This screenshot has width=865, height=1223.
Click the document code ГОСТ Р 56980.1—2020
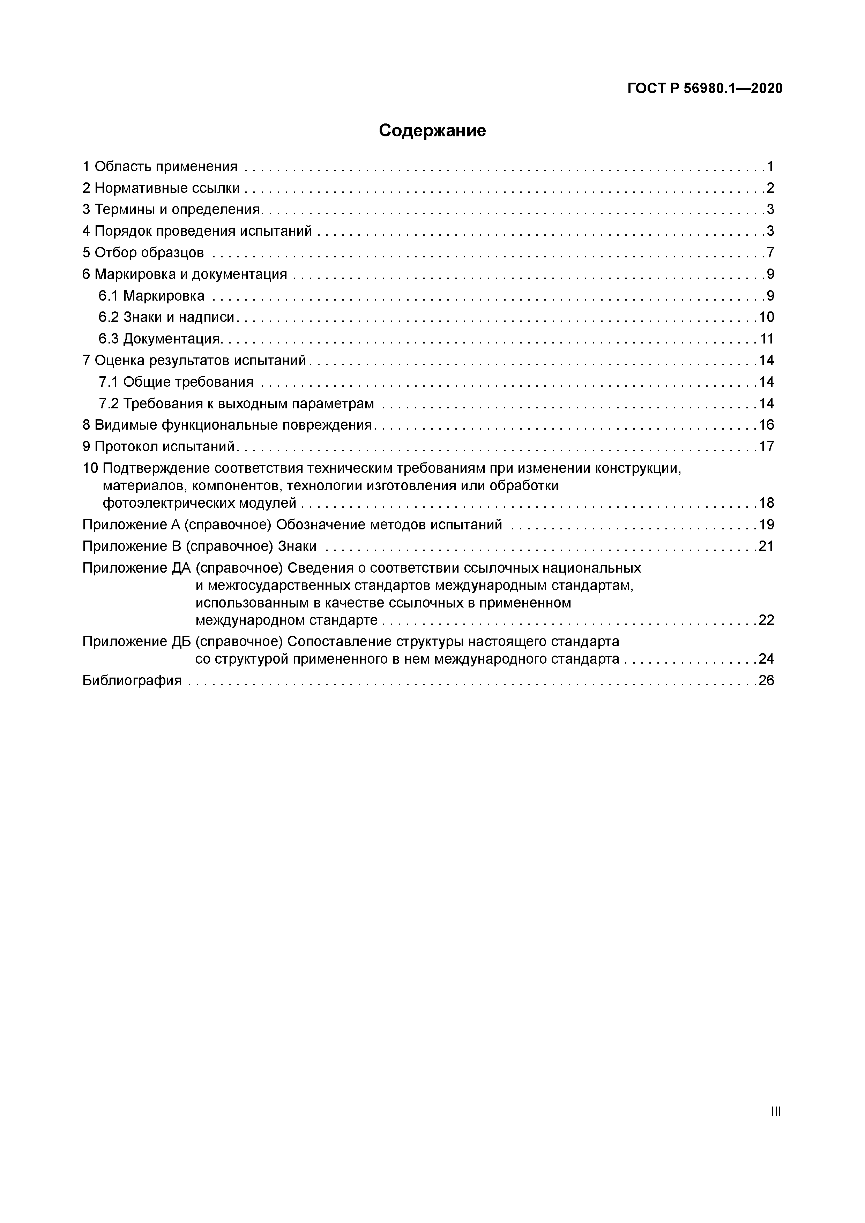pyautogui.click(x=704, y=89)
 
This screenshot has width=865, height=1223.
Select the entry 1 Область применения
pyautogui.click(x=160, y=167)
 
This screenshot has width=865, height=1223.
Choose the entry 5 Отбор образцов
pyautogui.click(x=143, y=252)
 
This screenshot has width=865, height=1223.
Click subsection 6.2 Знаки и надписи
pyautogui.click(x=166, y=317)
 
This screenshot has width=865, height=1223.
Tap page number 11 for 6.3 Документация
pyautogui.click(x=766, y=339)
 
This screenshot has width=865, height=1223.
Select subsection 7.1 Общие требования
pyautogui.click(x=176, y=382)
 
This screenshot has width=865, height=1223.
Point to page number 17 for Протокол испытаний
pyautogui.click(x=766, y=446)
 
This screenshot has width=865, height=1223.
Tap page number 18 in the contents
pyautogui.click(x=766, y=503)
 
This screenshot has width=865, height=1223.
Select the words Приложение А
pyautogui.click(x=131, y=525)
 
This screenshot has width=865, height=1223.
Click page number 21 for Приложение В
pyautogui.click(x=766, y=546)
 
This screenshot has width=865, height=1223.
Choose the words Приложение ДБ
pyautogui.click(x=136, y=641)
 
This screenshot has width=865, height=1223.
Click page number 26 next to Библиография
pyautogui.click(x=766, y=680)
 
